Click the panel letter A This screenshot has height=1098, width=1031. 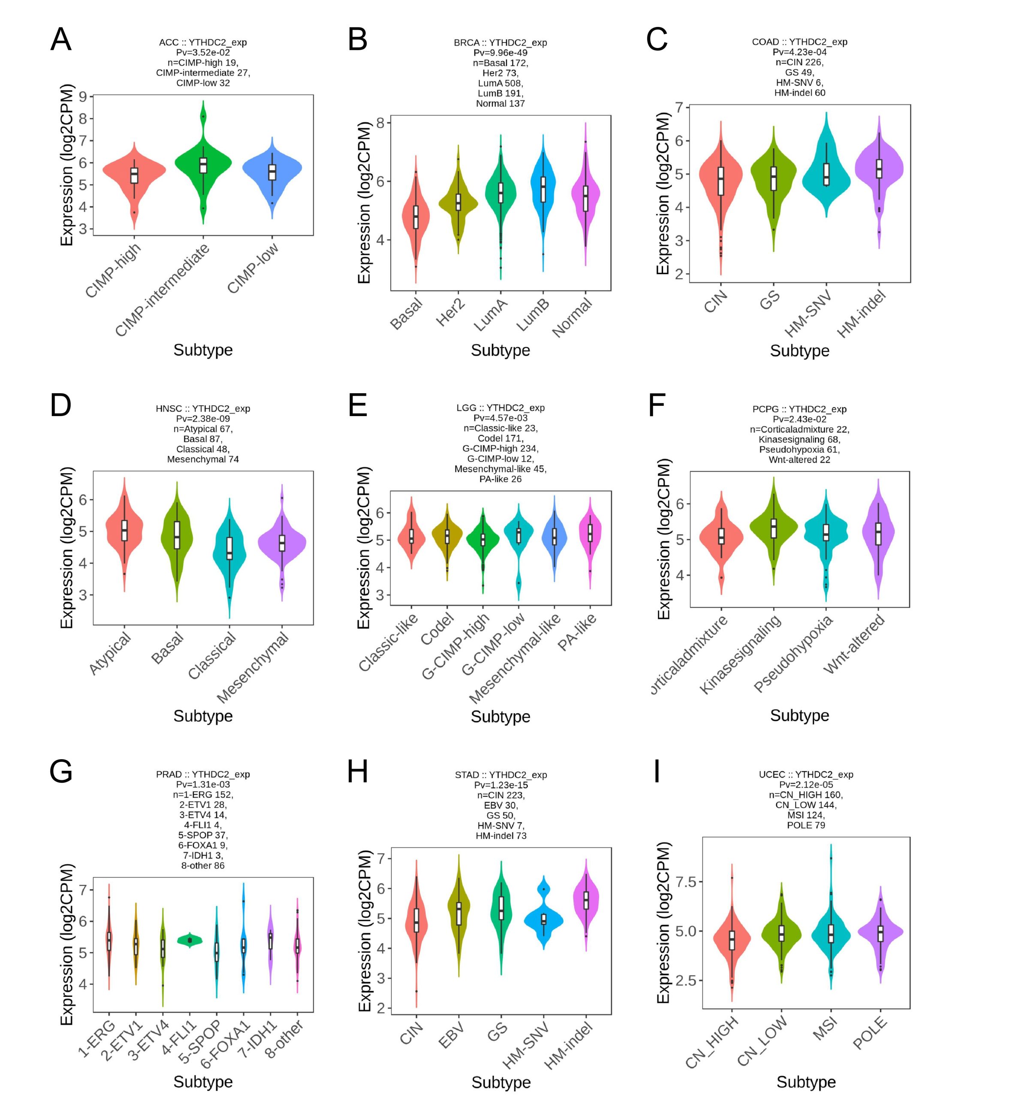coord(61,40)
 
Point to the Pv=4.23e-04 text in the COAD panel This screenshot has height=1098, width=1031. coord(799,52)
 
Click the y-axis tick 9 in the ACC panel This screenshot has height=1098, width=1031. coord(83,97)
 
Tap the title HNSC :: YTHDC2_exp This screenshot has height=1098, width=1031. coord(203,409)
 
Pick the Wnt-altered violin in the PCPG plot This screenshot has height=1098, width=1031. coord(878,533)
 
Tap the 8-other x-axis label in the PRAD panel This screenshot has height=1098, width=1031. coord(284,1038)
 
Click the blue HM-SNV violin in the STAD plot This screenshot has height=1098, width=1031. coord(543,920)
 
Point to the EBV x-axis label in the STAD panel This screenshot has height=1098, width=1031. coord(451,1035)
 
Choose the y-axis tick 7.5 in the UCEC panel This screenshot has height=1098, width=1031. coord(685,882)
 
